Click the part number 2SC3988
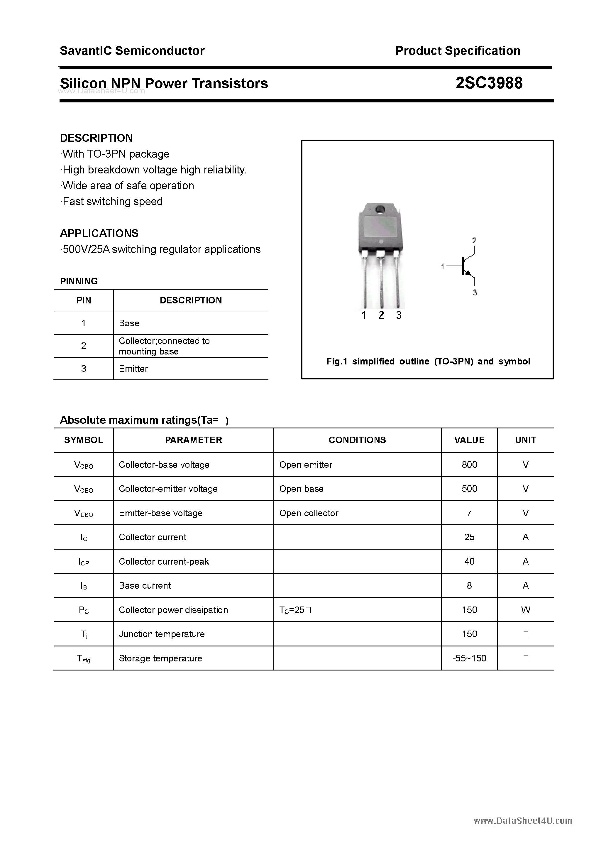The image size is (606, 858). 489,83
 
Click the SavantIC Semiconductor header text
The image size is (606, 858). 132,50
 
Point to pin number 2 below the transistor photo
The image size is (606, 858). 381,315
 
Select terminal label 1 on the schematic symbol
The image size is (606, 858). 443,266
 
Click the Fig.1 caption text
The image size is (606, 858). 428,361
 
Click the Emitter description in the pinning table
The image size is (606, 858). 133,369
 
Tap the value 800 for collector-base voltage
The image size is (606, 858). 469,465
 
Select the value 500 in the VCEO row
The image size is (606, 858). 469,489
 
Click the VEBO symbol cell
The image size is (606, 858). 84,514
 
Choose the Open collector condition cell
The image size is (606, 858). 309,513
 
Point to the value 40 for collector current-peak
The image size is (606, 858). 469,561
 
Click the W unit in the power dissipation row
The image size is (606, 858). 525,610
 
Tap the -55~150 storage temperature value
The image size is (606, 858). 469,658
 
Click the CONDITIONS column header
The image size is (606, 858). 357,440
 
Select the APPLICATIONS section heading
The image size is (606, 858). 99,233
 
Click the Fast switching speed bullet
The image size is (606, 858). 112,201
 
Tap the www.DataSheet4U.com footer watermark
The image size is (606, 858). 523,821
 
